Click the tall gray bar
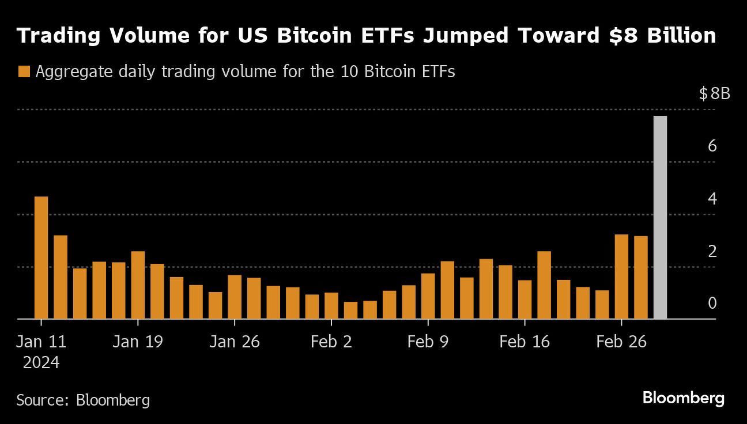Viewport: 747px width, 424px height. coord(660,217)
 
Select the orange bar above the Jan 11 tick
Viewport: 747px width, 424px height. coord(41,258)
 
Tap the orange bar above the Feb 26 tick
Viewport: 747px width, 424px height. coord(621,277)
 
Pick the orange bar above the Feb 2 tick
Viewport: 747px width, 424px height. coord(331,305)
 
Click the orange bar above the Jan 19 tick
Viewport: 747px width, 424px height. coord(138,285)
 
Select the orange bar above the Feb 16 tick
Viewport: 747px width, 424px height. coord(525,299)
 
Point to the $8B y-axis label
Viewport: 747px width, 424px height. coord(714,93)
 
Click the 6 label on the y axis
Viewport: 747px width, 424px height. coord(712,146)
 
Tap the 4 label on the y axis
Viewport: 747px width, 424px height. coord(712,199)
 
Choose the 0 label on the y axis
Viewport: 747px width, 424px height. coord(712,303)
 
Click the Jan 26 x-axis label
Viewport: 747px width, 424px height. coord(235,342)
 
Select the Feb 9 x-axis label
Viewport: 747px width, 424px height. coord(427,342)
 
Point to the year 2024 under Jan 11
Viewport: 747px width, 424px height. coord(41,363)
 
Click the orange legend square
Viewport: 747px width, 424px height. coord(24,72)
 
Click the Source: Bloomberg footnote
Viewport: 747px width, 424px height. coord(83,400)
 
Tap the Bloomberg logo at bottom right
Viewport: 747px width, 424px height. coord(683,397)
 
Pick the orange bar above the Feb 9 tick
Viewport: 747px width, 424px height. coord(428,296)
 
